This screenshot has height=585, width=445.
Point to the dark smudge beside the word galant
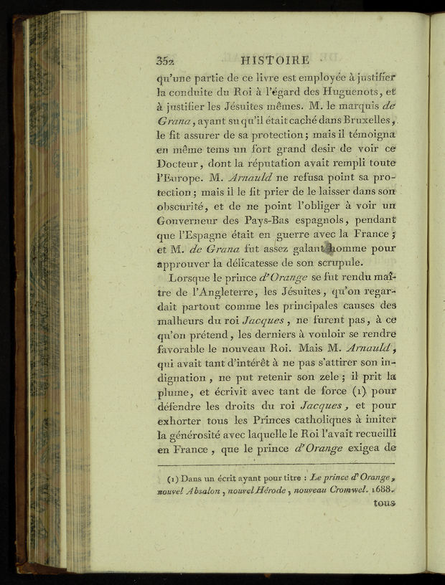(329, 249)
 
